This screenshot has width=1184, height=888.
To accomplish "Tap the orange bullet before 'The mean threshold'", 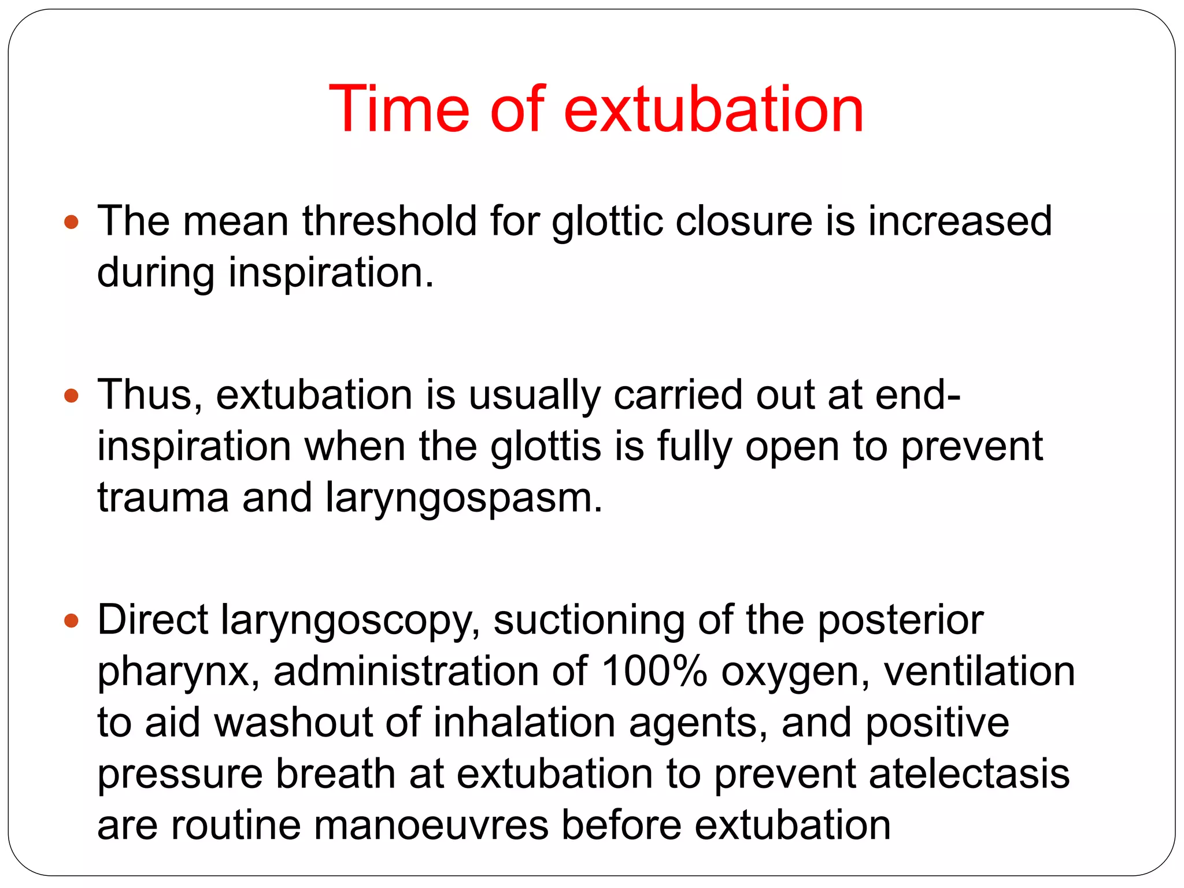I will [71, 222].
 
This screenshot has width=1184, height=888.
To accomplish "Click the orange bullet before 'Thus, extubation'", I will [71, 396].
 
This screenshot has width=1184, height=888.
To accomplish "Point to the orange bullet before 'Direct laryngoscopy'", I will [71, 621].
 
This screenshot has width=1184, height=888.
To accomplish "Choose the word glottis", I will [546, 447].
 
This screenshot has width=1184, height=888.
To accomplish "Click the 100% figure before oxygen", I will [654, 671].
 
